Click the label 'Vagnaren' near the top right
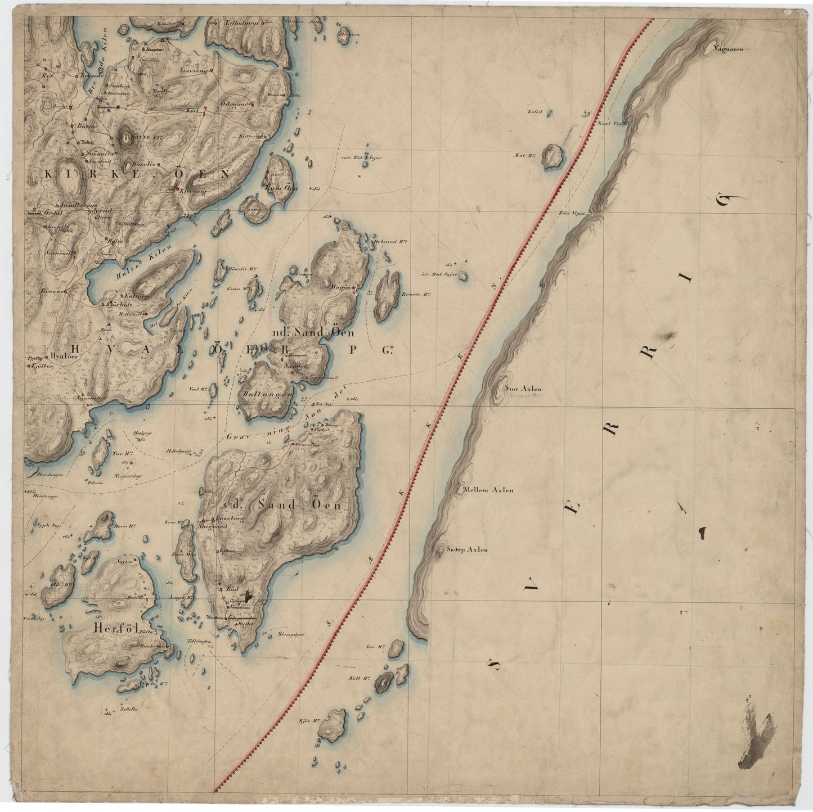[728, 49]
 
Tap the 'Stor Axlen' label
[524, 388]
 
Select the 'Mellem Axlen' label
[487, 490]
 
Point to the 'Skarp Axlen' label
[467, 550]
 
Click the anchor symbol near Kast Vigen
[586, 114]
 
